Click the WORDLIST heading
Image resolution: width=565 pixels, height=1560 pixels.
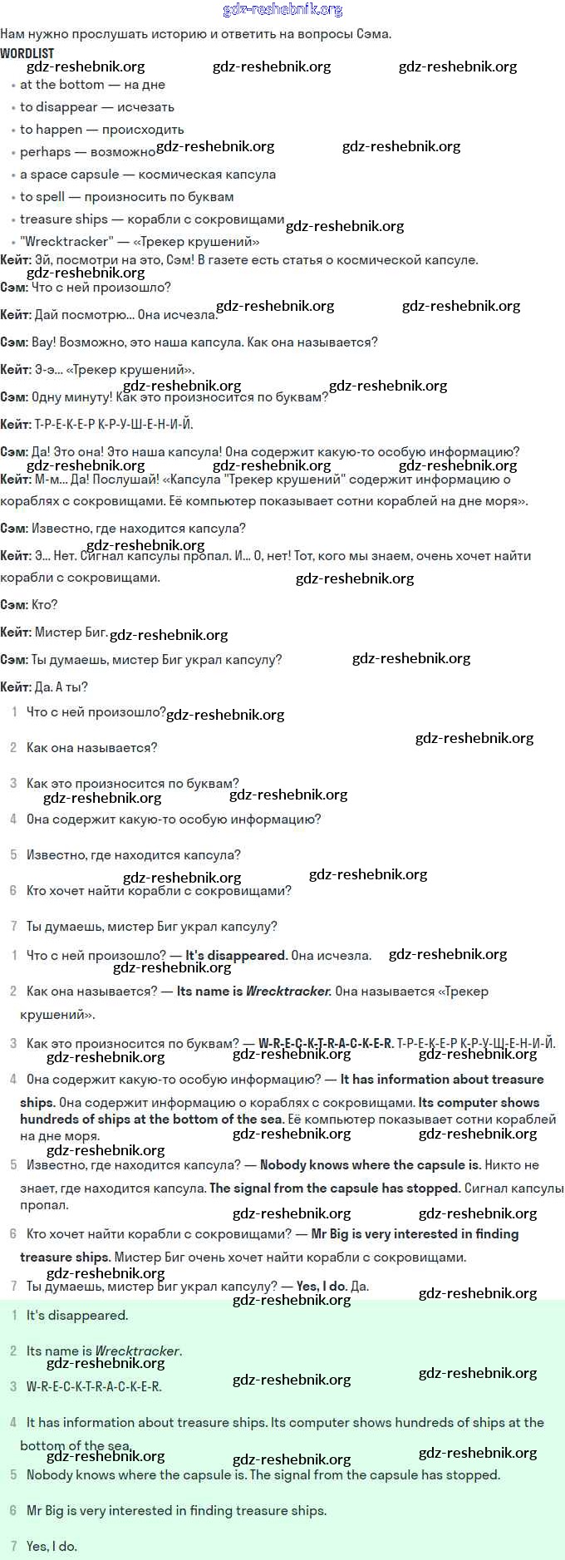pyautogui.click(x=27, y=53)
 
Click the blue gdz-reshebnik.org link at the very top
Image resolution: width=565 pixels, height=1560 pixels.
pyautogui.click(x=282, y=10)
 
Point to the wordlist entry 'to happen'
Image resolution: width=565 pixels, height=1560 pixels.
pyautogui.click(x=51, y=130)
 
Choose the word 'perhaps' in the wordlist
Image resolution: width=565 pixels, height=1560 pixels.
pyautogui.click(x=45, y=152)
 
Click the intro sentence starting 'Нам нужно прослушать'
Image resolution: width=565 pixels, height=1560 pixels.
pyautogui.click(x=195, y=34)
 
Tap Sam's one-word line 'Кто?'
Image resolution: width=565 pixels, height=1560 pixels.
pyautogui.click(x=44, y=605)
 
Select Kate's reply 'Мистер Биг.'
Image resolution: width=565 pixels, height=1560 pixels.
pyautogui.click(x=71, y=632)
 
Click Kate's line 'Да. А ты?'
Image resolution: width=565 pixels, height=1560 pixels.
pyautogui.click(x=61, y=687)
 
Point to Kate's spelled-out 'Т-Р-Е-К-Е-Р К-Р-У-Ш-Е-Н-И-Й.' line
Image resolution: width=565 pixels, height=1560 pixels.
pyautogui.click(x=113, y=425)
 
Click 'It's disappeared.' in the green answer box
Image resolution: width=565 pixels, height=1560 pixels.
pyautogui.click(x=77, y=1316)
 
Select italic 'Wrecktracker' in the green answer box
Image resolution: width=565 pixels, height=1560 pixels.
pyautogui.click(x=137, y=1351)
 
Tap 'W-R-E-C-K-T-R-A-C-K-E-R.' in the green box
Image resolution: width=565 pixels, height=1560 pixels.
pyautogui.click(x=94, y=1387)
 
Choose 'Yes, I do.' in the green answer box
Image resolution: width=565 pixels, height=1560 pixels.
pyautogui.click(x=52, y=1547)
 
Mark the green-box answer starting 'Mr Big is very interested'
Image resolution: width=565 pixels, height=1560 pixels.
pyautogui.click(x=176, y=1511)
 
